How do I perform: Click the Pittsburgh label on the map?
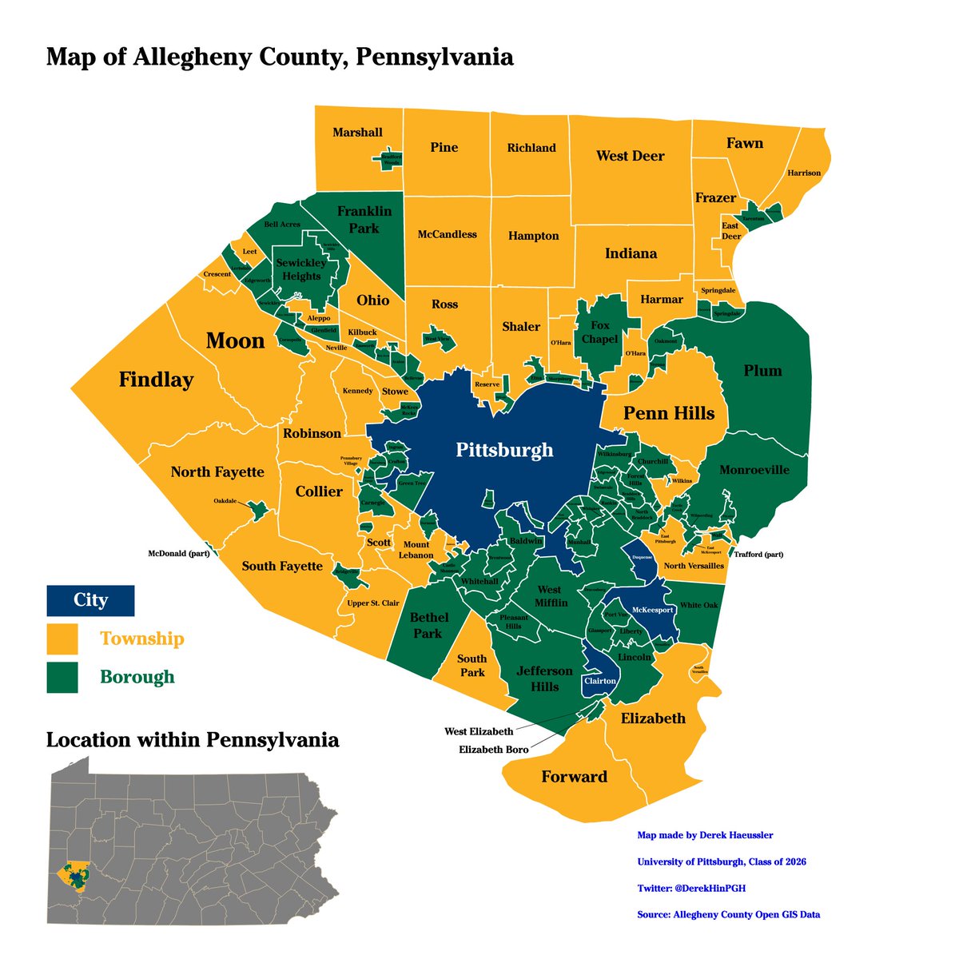(x=504, y=450)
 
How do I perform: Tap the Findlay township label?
(x=156, y=380)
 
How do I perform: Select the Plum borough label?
(x=762, y=371)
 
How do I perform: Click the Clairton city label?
(x=599, y=681)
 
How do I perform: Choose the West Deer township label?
(x=630, y=156)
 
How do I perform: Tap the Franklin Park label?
(x=364, y=220)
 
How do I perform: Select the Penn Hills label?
(x=669, y=413)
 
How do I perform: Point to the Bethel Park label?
(x=428, y=625)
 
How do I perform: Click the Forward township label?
(x=574, y=777)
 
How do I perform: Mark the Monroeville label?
(x=754, y=470)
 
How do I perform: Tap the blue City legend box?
(x=90, y=599)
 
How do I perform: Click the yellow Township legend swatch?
(x=62, y=639)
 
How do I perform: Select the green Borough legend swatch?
(x=62, y=677)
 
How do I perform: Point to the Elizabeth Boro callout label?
(x=493, y=750)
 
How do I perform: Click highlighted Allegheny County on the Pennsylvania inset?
(x=74, y=877)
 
